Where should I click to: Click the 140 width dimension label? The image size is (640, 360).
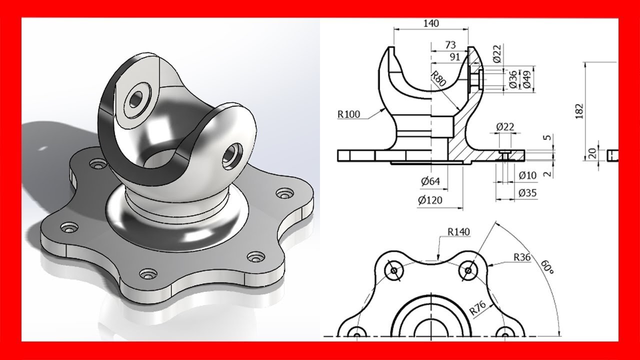431,23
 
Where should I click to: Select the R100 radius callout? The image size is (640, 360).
349,114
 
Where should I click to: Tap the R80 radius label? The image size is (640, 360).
438,78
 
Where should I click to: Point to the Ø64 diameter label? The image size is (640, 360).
430,181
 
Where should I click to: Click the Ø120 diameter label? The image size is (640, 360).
430,200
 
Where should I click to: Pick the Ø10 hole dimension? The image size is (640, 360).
527,175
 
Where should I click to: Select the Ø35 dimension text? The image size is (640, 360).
527,193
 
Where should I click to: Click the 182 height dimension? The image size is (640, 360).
579,111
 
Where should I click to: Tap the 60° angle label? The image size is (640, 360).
547,266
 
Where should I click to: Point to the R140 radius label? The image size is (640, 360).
458,232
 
